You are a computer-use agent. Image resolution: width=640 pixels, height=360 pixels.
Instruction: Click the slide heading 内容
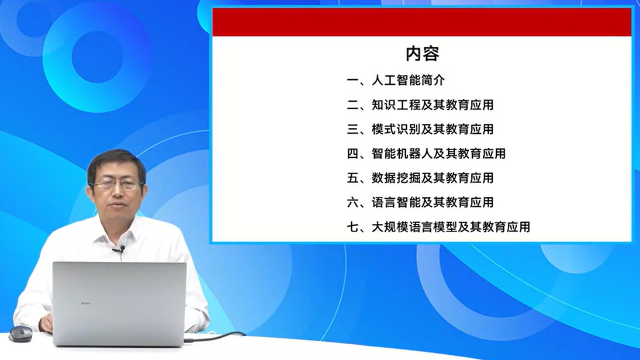pos(423,53)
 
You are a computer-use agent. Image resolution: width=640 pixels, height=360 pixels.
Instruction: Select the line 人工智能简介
pos(408,80)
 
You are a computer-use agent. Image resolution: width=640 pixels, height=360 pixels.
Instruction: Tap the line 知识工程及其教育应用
pos(433,105)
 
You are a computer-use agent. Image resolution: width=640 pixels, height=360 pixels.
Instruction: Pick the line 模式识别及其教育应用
pos(433,129)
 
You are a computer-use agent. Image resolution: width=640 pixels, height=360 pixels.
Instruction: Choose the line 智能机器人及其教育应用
pos(438,154)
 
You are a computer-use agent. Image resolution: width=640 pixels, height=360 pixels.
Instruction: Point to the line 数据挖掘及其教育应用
pos(433,178)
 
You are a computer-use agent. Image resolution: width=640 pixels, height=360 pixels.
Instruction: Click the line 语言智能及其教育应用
pos(433,202)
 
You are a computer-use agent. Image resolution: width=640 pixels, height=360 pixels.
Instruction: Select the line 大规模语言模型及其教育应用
pos(451,227)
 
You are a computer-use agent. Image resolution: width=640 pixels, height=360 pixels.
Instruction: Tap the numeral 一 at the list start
pos(352,81)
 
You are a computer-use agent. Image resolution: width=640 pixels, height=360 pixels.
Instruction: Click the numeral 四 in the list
pos(352,154)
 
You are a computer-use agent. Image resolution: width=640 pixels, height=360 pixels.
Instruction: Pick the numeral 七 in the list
pos(352,227)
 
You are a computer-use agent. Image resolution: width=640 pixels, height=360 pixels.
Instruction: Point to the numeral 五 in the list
pos(352,178)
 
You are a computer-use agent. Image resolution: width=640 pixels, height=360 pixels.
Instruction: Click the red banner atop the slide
pos(421,22)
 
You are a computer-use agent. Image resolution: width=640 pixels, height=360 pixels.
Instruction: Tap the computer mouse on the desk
pos(21,334)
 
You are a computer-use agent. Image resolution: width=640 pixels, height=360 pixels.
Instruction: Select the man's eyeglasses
pos(117,185)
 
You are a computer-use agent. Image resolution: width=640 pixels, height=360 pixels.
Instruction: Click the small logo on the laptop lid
pos(86,303)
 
